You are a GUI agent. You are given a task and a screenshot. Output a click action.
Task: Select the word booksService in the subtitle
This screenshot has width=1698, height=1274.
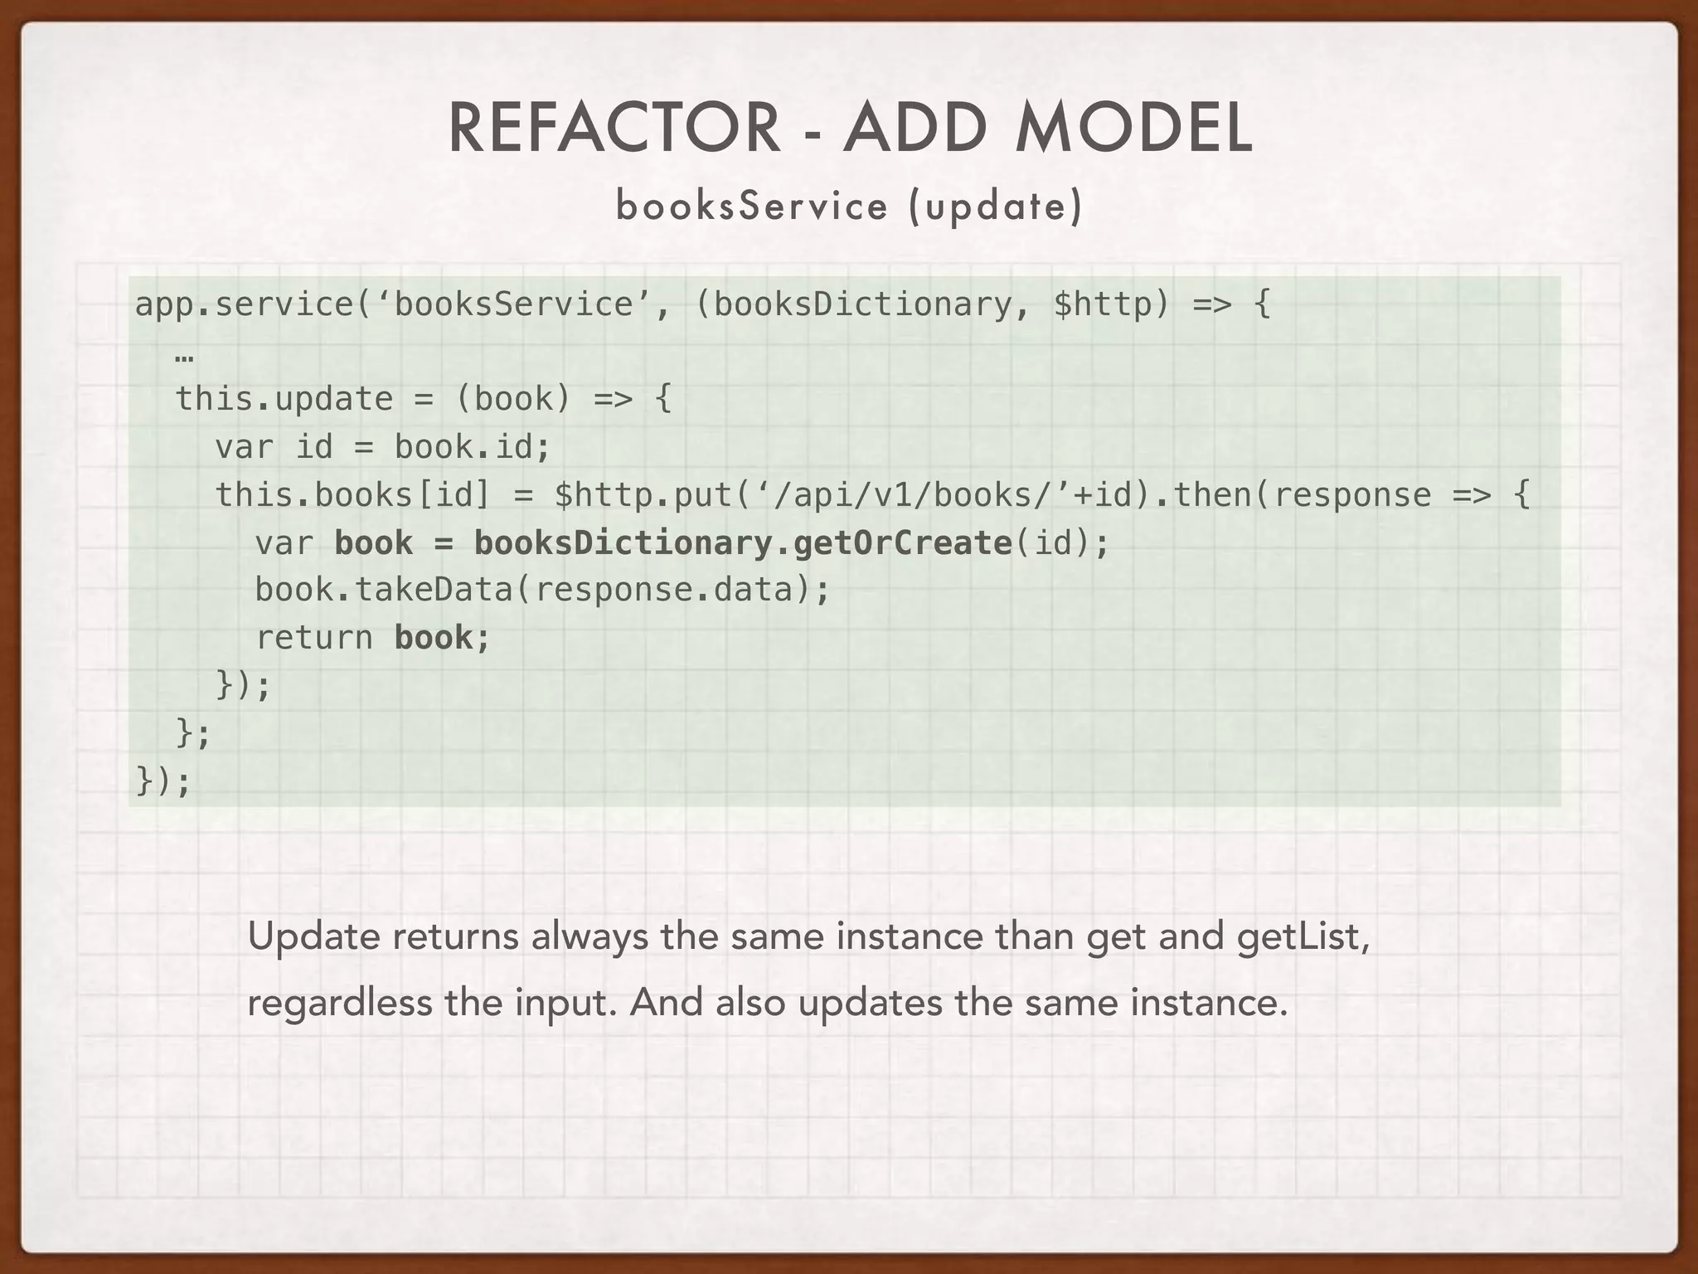751,206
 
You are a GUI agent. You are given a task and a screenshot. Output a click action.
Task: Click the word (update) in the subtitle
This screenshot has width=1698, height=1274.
995,206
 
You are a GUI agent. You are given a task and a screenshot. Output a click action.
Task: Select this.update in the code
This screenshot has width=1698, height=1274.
284,400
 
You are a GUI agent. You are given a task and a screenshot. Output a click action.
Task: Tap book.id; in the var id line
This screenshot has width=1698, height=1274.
472,448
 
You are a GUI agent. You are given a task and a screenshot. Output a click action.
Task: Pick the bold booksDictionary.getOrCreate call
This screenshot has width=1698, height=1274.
742,543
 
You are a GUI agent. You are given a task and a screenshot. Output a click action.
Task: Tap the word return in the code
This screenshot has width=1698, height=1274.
314,638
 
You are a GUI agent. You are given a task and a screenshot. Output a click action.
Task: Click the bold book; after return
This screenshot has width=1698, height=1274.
442,638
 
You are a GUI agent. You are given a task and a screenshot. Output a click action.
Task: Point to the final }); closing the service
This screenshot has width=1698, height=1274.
163,781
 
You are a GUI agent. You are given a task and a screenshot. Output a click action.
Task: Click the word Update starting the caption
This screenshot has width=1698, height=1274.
313,937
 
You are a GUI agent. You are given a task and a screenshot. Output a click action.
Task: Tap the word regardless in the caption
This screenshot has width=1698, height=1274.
340,1004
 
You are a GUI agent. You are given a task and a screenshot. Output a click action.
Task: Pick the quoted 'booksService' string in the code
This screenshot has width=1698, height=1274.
514,304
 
